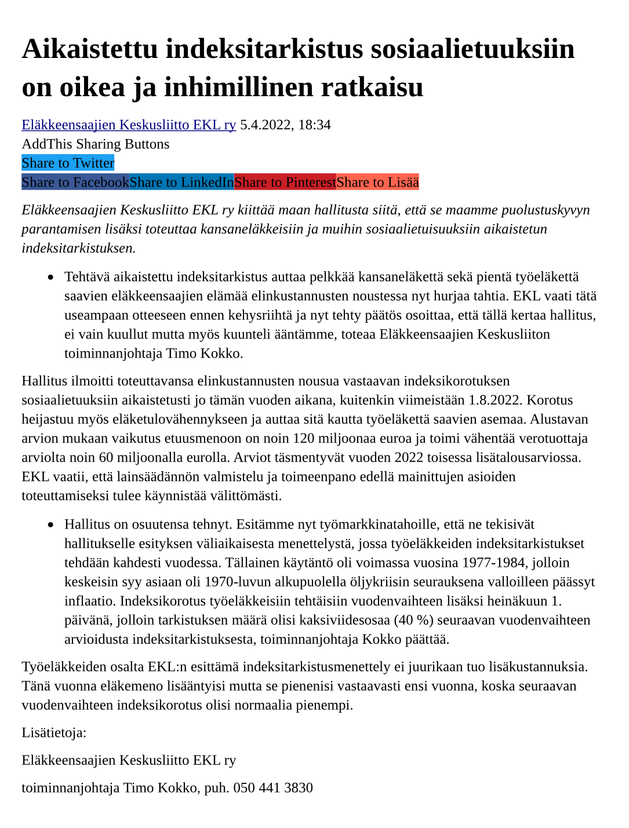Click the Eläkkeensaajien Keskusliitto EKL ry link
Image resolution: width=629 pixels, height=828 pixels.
(129, 125)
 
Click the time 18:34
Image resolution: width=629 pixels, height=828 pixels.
(314, 125)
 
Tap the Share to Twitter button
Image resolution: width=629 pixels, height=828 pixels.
(68, 163)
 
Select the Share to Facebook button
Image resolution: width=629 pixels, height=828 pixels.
(75, 183)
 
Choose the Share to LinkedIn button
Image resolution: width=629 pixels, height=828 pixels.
(181, 183)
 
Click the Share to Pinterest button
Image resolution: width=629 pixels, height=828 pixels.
(285, 183)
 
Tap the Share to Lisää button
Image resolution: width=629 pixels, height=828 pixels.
(377, 183)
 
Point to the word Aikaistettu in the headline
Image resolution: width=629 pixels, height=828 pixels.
(90, 49)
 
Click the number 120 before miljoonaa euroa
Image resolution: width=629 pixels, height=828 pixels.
(304, 439)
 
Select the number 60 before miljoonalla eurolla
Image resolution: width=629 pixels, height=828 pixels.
(106, 458)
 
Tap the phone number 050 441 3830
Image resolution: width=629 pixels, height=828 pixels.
(273, 788)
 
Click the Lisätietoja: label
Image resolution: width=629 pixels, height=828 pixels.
(54, 733)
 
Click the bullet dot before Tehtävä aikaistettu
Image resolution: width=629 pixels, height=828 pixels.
(51, 278)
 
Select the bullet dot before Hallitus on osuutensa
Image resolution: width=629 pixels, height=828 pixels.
(51, 525)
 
